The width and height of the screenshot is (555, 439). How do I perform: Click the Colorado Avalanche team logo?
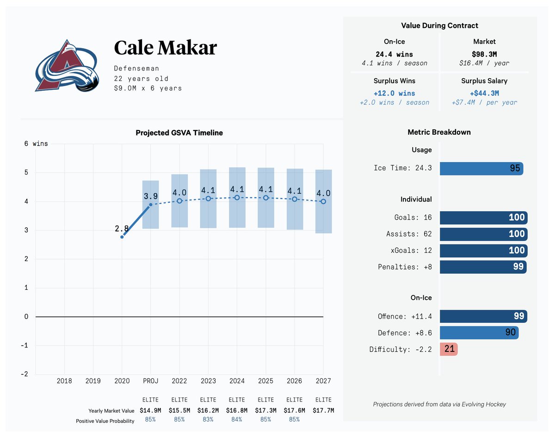tap(67, 66)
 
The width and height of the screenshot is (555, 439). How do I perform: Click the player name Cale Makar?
tap(165, 48)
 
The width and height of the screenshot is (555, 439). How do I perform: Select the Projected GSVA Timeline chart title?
tap(179, 133)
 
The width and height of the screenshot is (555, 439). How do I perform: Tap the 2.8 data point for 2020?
tap(122, 237)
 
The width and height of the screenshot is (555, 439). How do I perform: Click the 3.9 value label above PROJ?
tap(150, 196)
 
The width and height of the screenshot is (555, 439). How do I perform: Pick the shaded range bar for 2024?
tap(237, 198)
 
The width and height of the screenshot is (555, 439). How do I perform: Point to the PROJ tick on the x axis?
tap(150, 381)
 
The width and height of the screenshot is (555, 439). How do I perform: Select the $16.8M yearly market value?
tap(237, 410)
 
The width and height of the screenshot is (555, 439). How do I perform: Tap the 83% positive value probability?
tap(208, 420)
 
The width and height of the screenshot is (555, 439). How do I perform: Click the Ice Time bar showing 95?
tap(481, 168)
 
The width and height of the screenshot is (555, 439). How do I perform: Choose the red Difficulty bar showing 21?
tap(449, 349)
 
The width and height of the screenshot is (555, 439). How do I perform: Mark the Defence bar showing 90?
tap(479, 332)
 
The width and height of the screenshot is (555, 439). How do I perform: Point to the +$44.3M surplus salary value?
tap(484, 93)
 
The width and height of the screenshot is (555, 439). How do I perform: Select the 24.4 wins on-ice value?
tap(394, 54)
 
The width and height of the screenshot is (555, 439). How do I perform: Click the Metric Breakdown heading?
tap(439, 132)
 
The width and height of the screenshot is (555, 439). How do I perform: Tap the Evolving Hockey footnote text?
tap(439, 404)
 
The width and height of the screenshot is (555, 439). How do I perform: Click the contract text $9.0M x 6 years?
tap(148, 88)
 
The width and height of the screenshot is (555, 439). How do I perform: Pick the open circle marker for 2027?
tap(323, 201)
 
